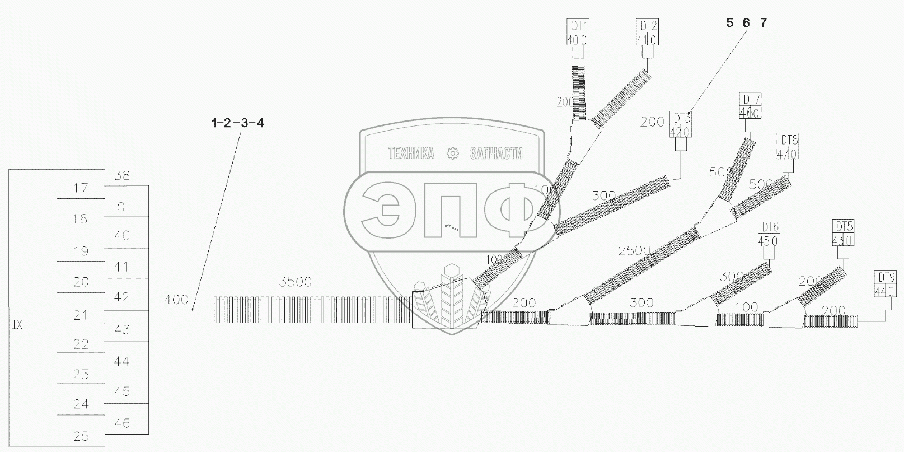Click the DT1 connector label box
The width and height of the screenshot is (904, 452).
pos(578,32)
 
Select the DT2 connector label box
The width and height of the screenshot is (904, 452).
pos(647,32)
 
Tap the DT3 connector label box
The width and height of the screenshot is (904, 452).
pos(681,125)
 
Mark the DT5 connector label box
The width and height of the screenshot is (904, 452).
pos(844,234)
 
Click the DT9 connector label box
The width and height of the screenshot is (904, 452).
pos(885,283)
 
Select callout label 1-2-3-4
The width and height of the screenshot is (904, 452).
pos(238,123)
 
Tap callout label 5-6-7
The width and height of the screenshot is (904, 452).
pos(746,23)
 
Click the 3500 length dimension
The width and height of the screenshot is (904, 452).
pos(295,282)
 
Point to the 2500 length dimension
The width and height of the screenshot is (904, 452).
pos(634,250)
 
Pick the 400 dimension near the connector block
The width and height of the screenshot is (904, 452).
pos(176,300)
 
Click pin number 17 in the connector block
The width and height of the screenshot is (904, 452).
pos(81,188)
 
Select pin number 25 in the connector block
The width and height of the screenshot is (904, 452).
pos(81,436)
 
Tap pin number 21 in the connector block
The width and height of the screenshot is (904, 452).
pos(81,315)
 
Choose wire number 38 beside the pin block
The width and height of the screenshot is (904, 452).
pos(121,176)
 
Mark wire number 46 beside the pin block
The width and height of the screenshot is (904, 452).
pos(121,423)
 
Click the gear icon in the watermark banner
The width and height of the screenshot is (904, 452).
pos(452,153)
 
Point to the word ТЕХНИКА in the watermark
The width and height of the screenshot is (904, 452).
pos(411,153)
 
